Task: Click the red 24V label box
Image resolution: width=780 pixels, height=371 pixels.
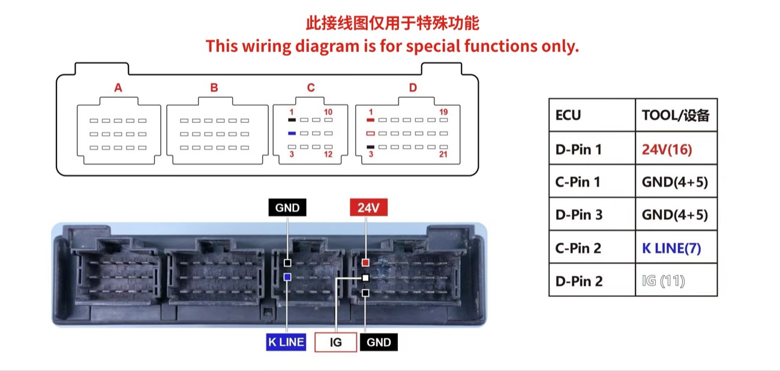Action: pos(368,207)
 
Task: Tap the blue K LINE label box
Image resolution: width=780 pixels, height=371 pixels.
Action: pos(286,342)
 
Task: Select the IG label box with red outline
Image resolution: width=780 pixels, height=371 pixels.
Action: pos(335,342)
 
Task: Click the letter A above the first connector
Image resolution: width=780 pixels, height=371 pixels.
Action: pos(118,88)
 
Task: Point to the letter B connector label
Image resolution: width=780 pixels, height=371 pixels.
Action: pos(214,88)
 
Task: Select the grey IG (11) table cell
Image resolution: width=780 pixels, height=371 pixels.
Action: pos(676,280)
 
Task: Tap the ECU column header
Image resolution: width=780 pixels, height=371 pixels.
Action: pos(592,115)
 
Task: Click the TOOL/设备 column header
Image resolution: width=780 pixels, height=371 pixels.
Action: pos(676,115)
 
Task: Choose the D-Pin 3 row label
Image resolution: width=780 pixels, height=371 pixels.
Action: pos(579,215)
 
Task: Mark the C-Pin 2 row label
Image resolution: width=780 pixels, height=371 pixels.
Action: pos(578,248)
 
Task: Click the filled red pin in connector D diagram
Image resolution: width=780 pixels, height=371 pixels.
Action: pos(371,120)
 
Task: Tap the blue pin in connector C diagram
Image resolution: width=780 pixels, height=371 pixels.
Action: pos(292,133)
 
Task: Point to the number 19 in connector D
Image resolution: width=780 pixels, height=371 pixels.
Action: pos(443,112)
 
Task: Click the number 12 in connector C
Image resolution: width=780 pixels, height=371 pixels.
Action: pos(328,154)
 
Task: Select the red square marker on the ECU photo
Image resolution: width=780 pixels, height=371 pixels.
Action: pos(365,263)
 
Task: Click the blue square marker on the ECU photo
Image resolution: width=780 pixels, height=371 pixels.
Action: pos(287,277)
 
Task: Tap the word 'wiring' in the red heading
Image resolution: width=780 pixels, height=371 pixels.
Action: pos(267,46)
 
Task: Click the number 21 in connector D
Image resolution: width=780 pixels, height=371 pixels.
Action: pos(443,154)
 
